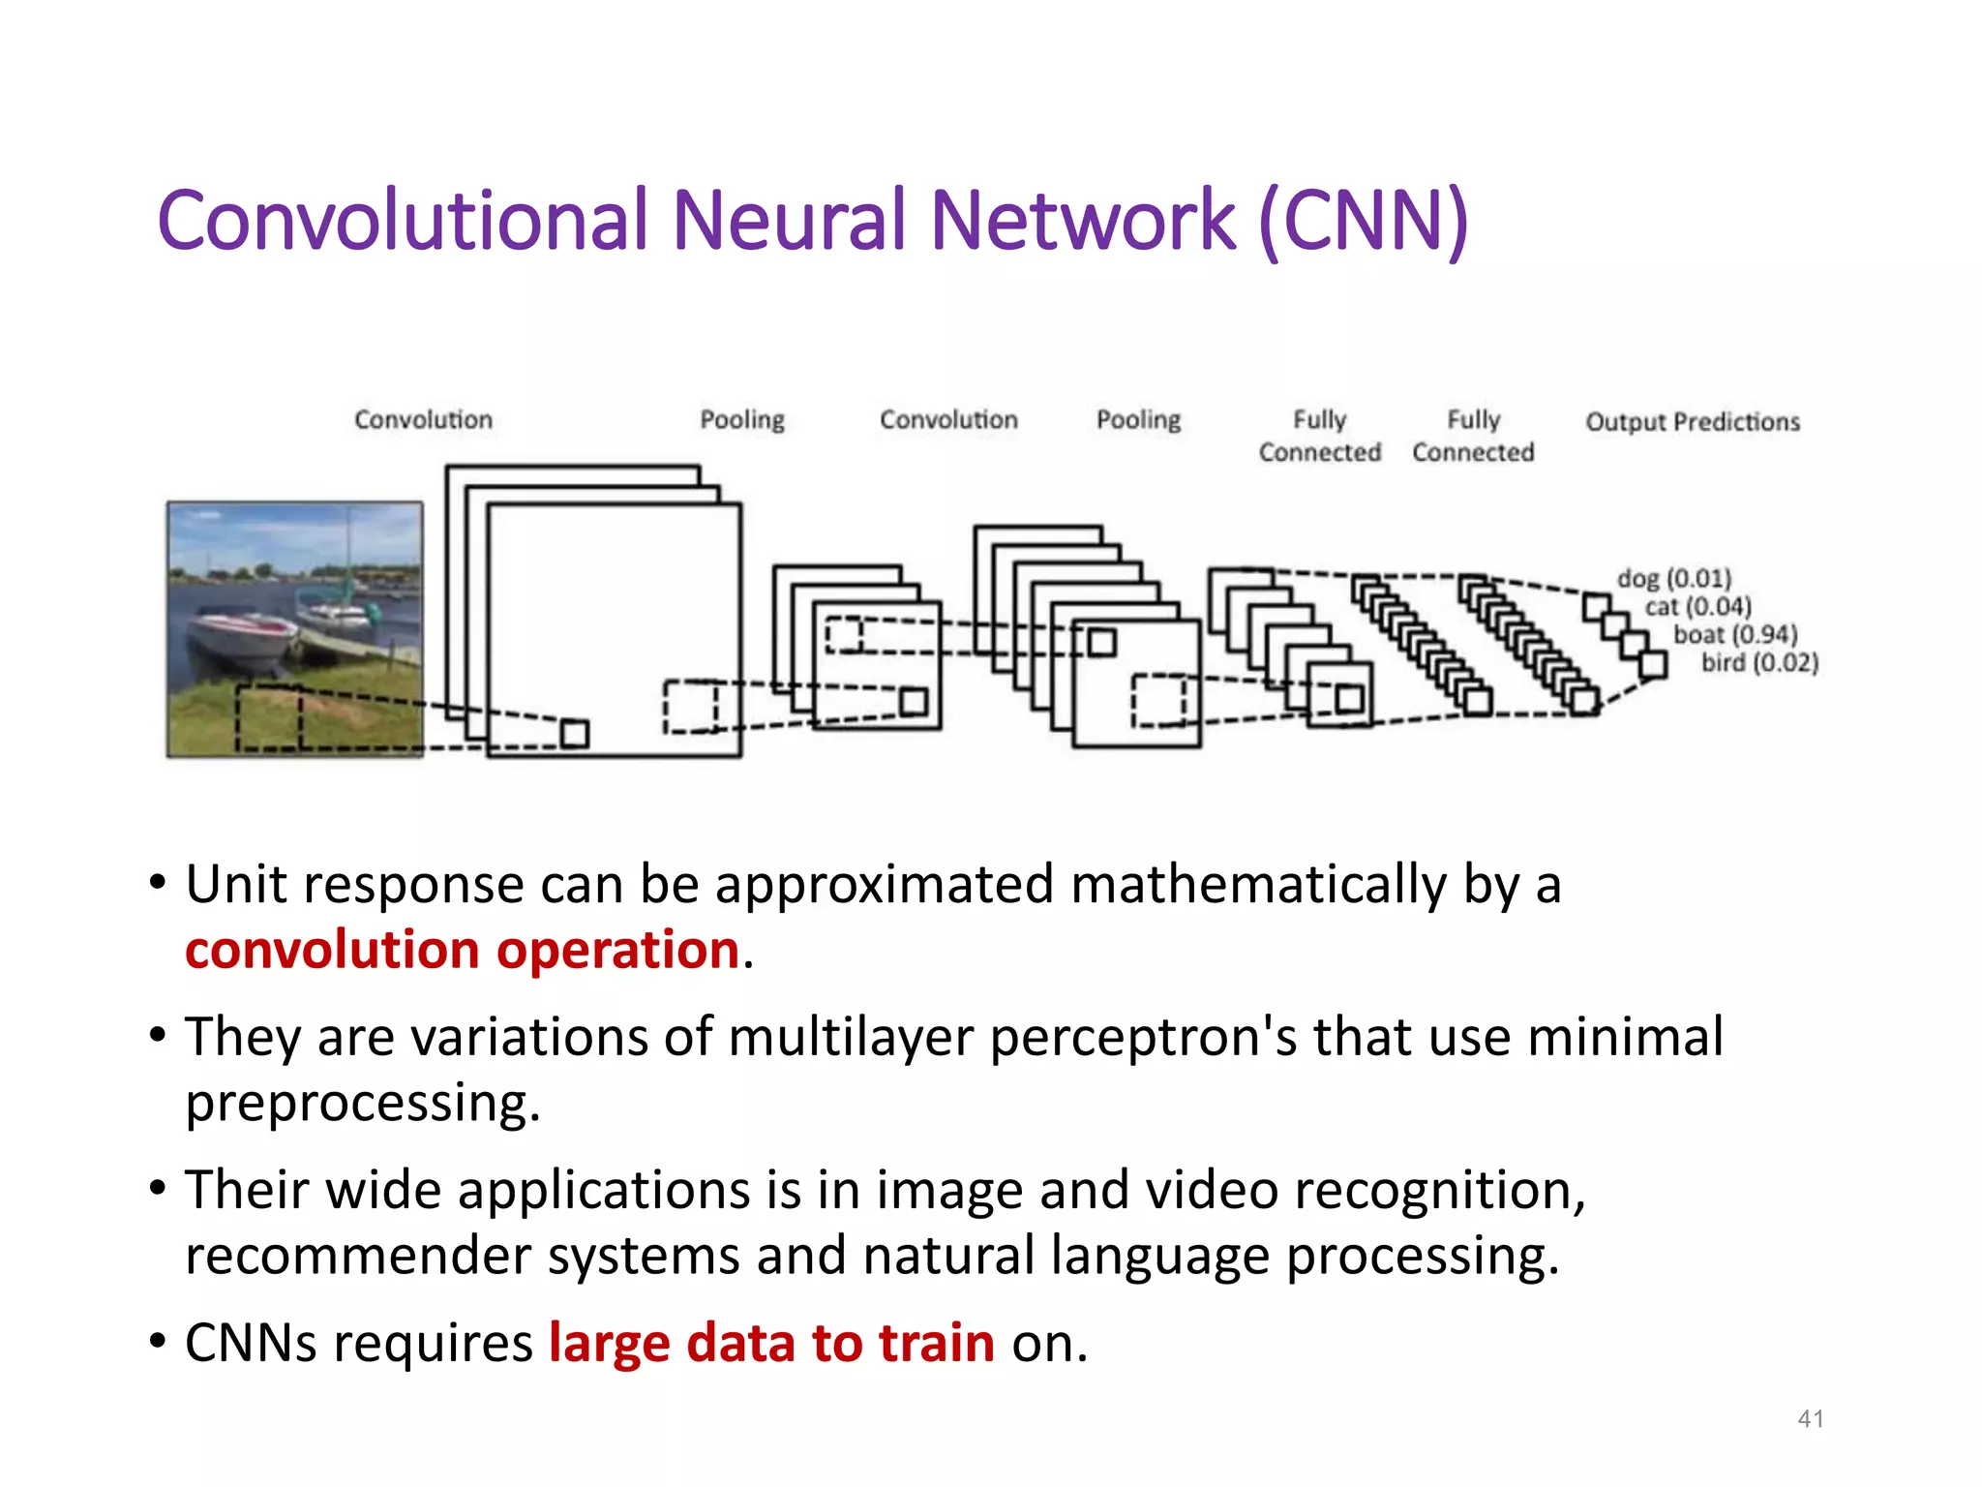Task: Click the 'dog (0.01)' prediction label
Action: tap(1673, 578)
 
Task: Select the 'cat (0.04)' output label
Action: tap(1697, 607)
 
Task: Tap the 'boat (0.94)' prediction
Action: tap(1735, 635)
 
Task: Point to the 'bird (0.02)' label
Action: tap(1759, 663)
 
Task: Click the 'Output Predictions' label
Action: tap(1692, 422)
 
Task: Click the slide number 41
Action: tap(1810, 1419)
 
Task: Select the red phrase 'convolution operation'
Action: tap(463, 950)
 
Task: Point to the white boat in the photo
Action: tap(242, 635)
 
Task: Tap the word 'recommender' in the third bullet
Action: tap(358, 1256)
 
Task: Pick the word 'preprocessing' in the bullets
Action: tap(358, 1103)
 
